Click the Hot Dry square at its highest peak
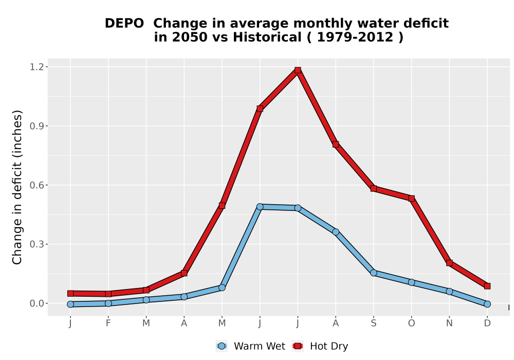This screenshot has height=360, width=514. pyautogui.click(x=298, y=70)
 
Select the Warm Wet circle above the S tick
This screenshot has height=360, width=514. pyautogui.click(x=374, y=273)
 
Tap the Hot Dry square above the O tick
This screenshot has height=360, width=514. pyautogui.click(x=411, y=199)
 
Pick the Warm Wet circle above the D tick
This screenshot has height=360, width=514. pyautogui.click(x=487, y=304)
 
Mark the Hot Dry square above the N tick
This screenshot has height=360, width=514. pyautogui.click(x=449, y=263)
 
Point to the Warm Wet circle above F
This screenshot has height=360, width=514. pyautogui.click(x=108, y=303)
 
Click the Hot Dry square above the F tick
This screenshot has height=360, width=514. pyautogui.click(x=108, y=294)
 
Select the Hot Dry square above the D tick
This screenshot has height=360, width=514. pyautogui.click(x=487, y=286)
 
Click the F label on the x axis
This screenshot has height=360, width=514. pyautogui.click(x=108, y=323)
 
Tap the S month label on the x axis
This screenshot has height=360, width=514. pyautogui.click(x=374, y=323)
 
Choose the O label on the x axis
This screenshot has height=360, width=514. pyautogui.click(x=411, y=323)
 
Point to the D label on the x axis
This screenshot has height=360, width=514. pyautogui.click(x=487, y=323)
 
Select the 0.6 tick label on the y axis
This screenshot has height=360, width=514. pyautogui.click(x=36, y=185)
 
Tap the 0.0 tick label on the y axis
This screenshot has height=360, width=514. pyautogui.click(x=36, y=303)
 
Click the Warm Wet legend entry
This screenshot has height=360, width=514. pyautogui.click(x=251, y=346)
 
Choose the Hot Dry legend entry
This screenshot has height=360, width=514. pyautogui.click(x=320, y=346)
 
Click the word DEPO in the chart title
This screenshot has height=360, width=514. pyautogui.click(x=124, y=24)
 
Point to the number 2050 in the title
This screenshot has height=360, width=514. pyautogui.click(x=190, y=38)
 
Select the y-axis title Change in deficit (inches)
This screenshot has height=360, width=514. pyautogui.click(x=17, y=188)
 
